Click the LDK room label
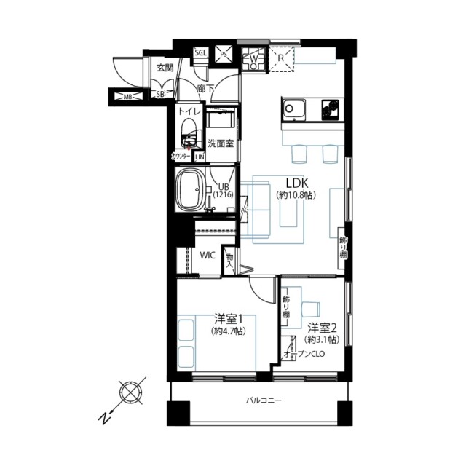294,183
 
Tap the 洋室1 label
228,319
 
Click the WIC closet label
207,256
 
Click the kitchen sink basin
295,110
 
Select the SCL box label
200,53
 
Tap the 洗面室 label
221,143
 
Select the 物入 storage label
229,259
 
